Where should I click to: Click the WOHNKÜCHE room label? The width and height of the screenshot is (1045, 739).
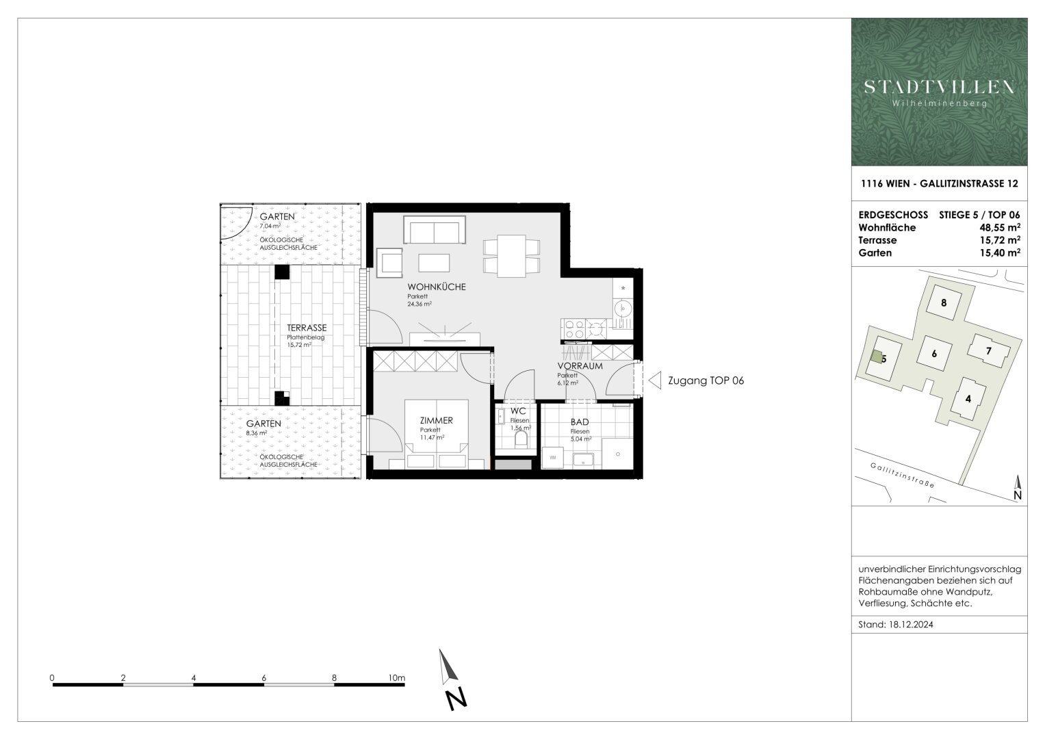point(437,287)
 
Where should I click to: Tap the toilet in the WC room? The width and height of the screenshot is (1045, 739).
point(521,439)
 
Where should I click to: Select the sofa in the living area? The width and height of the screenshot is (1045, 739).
point(435,229)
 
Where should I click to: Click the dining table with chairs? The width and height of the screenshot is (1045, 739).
point(512,256)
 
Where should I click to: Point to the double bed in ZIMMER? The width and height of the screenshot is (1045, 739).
point(436,434)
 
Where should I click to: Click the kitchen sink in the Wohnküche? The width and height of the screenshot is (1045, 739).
point(623,309)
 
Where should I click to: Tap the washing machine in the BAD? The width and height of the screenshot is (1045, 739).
point(552,458)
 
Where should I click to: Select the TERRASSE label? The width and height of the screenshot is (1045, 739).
point(307,328)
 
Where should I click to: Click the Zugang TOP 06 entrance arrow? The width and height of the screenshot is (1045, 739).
point(655,380)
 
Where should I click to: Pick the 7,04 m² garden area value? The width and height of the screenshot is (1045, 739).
point(270,226)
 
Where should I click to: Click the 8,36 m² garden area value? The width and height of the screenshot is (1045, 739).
point(257,433)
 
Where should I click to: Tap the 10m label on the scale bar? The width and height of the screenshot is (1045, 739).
point(396,678)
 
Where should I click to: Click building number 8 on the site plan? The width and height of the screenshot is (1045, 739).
point(944,302)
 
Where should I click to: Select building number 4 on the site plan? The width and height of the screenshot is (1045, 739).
point(968,399)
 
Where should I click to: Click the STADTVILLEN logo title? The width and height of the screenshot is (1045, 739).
point(939,88)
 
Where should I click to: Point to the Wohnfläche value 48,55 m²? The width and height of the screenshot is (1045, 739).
point(1000,228)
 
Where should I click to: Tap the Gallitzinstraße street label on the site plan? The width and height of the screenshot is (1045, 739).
point(902,476)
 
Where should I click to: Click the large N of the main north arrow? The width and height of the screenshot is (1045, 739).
point(456,699)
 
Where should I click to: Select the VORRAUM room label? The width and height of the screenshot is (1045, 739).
point(580,366)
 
